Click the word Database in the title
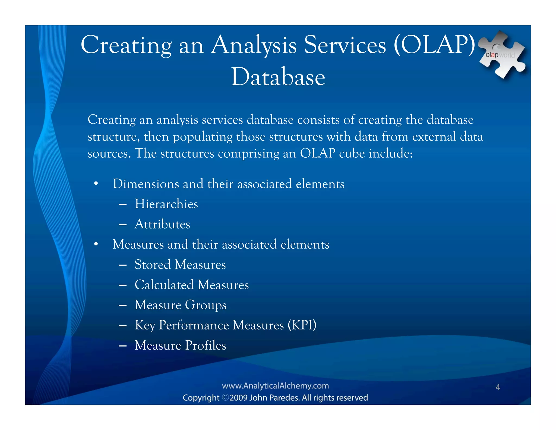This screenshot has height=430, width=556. pos(278,77)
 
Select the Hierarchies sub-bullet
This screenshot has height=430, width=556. pos(166,204)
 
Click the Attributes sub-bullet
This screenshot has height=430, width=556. pos(162,224)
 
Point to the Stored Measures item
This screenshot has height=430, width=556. pos(180,264)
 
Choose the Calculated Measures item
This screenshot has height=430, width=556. pos(192,285)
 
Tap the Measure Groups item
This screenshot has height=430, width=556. pos(181,305)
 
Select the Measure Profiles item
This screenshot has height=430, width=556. pos(180,345)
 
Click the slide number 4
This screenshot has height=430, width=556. pos(498,387)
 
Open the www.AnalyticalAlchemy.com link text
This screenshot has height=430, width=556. pos(275,386)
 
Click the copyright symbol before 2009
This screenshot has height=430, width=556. pos(226,398)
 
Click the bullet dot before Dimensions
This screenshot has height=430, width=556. pos(96,184)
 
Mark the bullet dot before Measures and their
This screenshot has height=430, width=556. pos(96,245)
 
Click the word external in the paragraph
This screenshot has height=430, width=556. pos(434,136)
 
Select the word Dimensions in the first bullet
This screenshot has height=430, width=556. pos(146,184)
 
